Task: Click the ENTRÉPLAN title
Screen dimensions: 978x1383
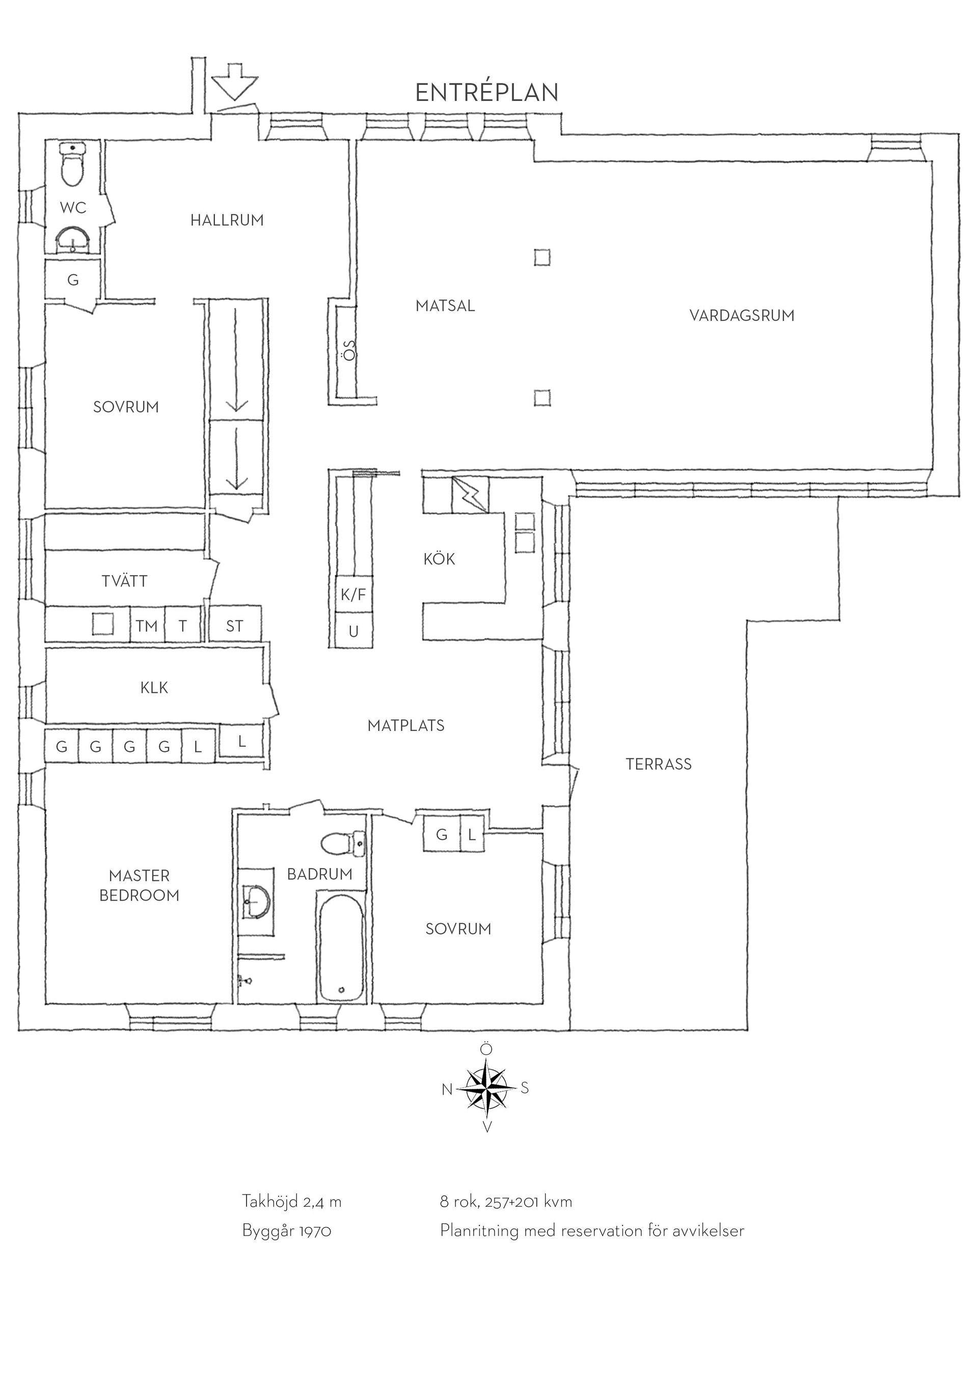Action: pos(487,92)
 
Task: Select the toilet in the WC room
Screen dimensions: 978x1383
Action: pos(73,165)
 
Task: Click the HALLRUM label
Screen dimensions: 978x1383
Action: pos(227,221)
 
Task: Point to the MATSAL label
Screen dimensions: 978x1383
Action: pos(445,306)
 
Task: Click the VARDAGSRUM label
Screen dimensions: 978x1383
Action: pos(742,316)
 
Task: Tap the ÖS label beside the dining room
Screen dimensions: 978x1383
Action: pos(349,350)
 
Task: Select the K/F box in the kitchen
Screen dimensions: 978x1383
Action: pos(354,595)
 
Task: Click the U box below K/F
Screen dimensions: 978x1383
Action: pos(354,631)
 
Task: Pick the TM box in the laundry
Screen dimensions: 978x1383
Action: pos(147,626)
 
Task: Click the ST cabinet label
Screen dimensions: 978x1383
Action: pos(235,626)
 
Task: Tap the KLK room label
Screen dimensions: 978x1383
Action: pos(154,688)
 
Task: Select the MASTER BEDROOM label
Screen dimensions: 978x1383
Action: pos(139,885)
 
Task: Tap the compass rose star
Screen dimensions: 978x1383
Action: pos(486,1089)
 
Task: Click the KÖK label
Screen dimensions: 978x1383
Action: pos(439,559)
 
